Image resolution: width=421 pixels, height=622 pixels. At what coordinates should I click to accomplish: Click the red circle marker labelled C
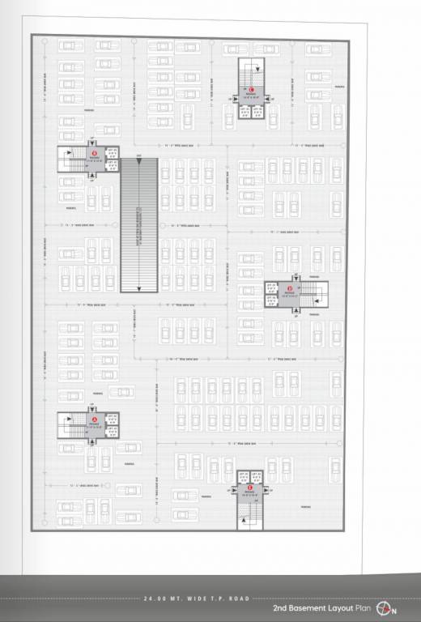pyautogui.click(x=252, y=89)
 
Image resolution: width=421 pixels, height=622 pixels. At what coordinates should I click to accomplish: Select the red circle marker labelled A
pyautogui.click(x=94, y=419)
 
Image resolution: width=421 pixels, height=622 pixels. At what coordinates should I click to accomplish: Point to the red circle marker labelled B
pyautogui.click(x=94, y=151)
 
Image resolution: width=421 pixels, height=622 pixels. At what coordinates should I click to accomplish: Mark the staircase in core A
pyautogui.click(x=74, y=427)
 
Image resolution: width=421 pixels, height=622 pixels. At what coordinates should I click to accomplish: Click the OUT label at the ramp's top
pyautogui.click(x=139, y=155)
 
